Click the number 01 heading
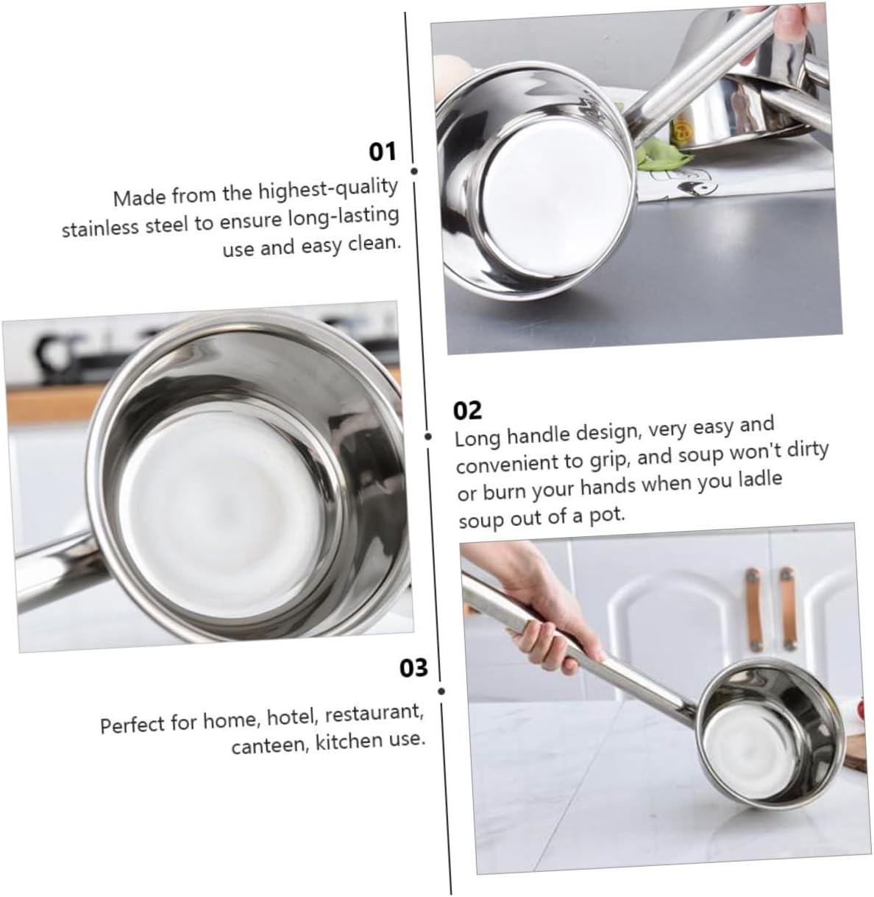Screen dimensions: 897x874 382,152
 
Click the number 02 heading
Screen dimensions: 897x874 468,409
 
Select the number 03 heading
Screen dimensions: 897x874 413,668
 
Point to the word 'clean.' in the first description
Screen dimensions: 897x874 374,242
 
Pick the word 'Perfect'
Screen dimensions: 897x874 133,725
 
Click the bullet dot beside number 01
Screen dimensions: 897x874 414,171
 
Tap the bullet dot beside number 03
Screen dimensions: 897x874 441,692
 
